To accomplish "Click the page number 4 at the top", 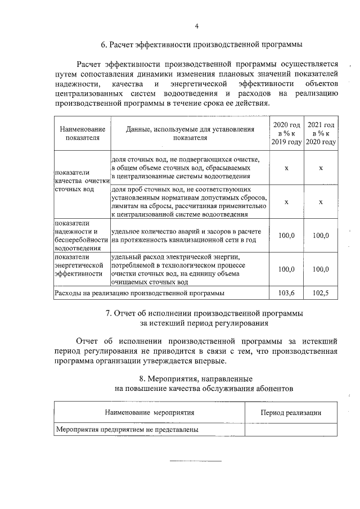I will pyautogui.click(x=196, y=26).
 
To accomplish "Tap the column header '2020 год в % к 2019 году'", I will pyautogui.click(x=287, y=133).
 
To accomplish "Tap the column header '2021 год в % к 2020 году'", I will pyautogui.click(x=321, y=133).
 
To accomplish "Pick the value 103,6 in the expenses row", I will pyautogui.click(x=287, y=293).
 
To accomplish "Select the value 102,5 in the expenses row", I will pyautogui.click(x=321, y=293).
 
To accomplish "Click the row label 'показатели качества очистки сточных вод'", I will pyautogui.click(x=81, y=181).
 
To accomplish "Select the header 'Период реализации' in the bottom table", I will pyautogui.click(x=291, y=413).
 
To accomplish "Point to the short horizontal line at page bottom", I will pyautogui.click(x=196, y=461).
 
